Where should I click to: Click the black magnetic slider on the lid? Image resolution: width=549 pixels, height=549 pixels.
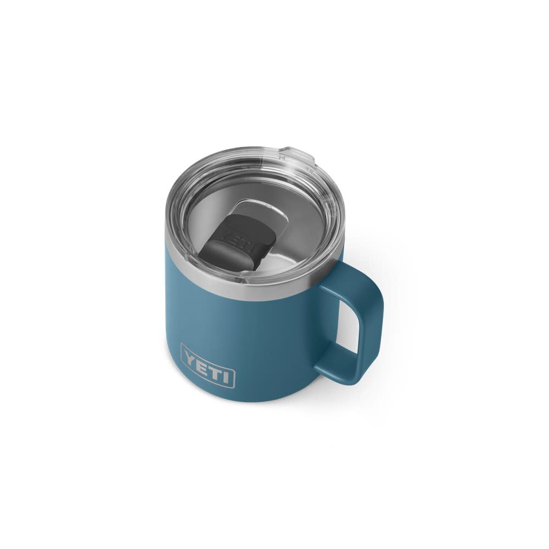(x=239, y=242)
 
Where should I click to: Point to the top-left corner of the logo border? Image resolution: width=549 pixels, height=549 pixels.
(x=182, y=345)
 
